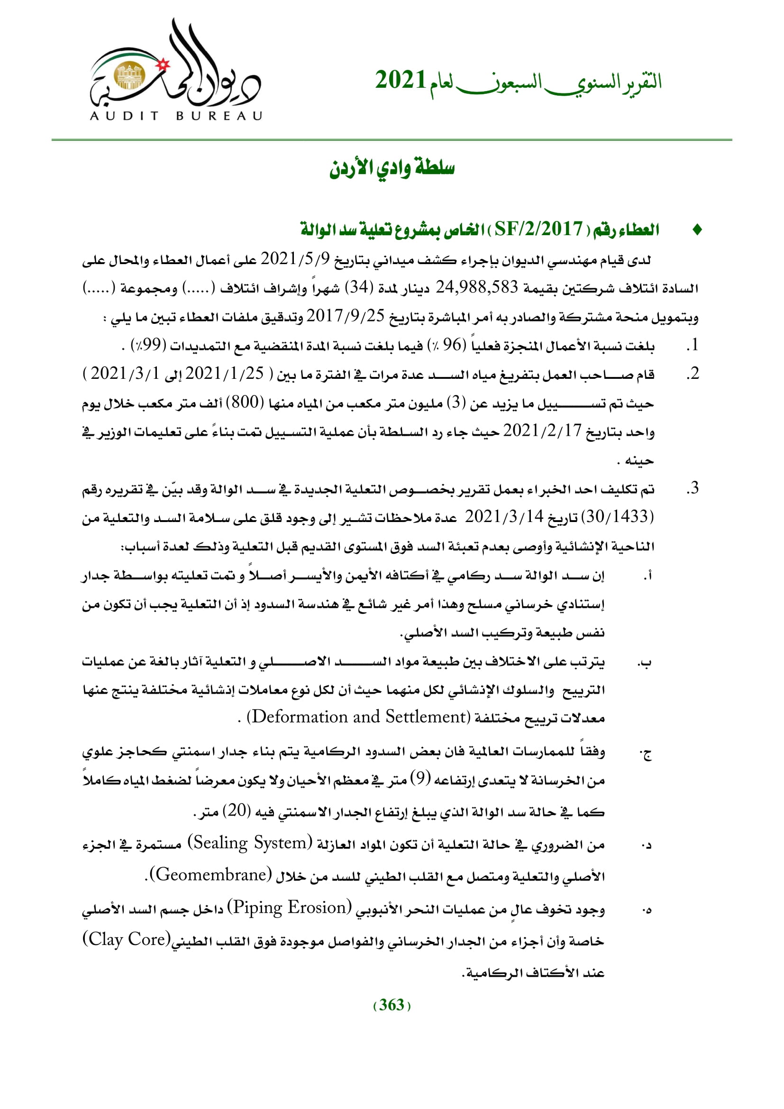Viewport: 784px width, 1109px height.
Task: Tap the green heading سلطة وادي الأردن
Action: coord(392,168)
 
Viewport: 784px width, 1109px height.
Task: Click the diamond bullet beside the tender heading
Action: coord(697,230)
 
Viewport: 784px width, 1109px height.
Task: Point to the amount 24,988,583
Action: coord(476,288)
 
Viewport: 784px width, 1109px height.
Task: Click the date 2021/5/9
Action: coord(295,259)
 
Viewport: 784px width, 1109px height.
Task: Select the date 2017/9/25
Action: coord(346,316)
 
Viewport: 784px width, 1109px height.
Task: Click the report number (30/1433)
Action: coord(618,517)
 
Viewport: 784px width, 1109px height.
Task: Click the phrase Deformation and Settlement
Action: coord(359,717)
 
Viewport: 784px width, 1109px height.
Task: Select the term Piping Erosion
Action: coord(290,907)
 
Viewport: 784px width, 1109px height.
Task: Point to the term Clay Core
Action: coord(127,939)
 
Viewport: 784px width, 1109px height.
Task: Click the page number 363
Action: coord(392,1005)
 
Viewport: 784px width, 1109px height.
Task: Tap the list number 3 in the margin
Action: coord(693,488)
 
